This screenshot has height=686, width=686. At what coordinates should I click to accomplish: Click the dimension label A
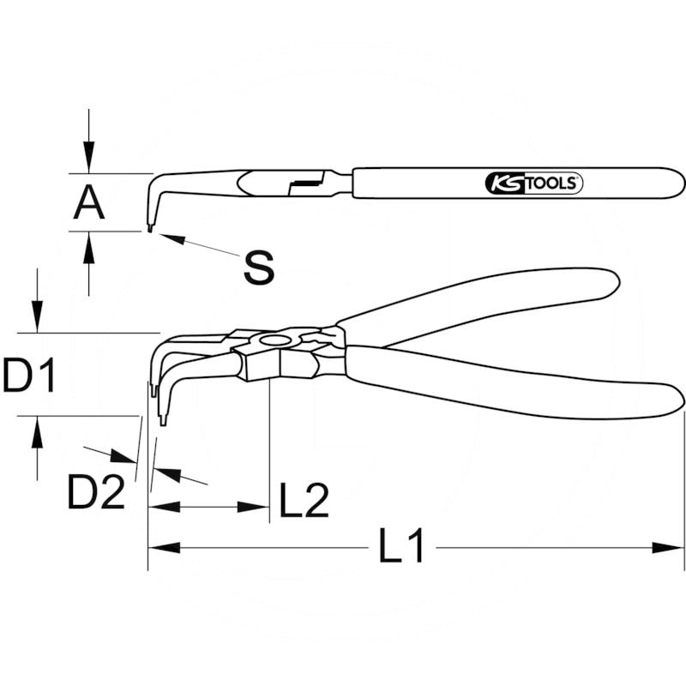tap(89, 202)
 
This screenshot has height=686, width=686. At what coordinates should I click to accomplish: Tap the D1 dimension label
tap(29, 375)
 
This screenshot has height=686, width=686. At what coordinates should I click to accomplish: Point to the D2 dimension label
tap(96, 491)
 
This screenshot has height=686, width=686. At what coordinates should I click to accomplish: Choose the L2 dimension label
tap(304, 500)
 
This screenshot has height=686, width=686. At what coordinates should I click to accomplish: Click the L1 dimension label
tap(401, 545)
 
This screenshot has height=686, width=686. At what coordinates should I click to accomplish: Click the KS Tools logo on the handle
tap(534, 183)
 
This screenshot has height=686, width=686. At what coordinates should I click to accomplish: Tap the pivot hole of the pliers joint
tap(274, 341)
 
